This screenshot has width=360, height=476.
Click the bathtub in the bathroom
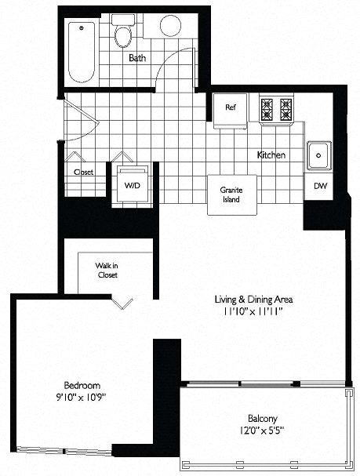tap(82, 51)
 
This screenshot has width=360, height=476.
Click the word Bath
tap(137, 57)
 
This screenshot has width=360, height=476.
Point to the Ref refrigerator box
tap(231, 108)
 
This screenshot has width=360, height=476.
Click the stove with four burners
tap(276, 108)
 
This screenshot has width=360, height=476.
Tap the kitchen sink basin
tap(318, 155)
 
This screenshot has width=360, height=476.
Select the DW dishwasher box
tap(319, 186)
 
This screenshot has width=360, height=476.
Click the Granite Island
tap(231, 194)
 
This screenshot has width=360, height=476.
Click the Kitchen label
tap(271, 155)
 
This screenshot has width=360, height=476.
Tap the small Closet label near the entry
tap(83, 172)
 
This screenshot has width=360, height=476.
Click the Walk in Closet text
tap(107, 271)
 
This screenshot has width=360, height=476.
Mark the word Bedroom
tap(82, 385)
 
